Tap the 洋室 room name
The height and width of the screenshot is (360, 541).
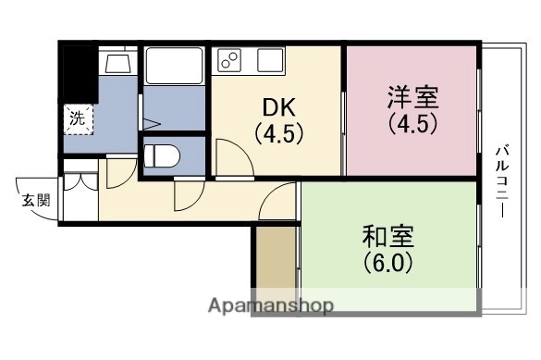[412, 96]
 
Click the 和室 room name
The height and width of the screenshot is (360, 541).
[388, 235]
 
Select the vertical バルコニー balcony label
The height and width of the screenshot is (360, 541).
[501, 180]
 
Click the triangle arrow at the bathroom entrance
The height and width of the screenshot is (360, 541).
[154, 122]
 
